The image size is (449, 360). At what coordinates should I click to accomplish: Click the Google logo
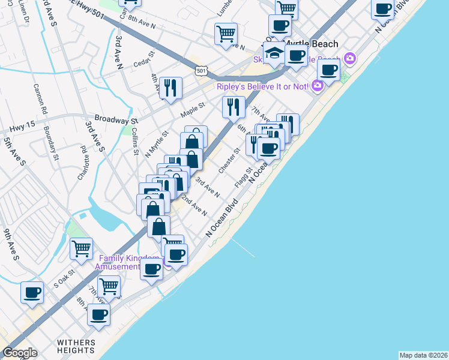pos(20,353)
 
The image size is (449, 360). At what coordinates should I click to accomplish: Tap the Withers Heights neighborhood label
pos(76,347)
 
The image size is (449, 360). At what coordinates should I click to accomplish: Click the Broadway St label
pos(114,119)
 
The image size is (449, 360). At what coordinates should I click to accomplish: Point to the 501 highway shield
pos(202,70)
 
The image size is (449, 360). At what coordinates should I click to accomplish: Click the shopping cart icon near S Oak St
pos(81,248)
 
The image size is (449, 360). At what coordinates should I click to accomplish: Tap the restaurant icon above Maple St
pos(170,88)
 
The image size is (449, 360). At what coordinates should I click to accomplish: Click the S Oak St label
pos(64,277)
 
